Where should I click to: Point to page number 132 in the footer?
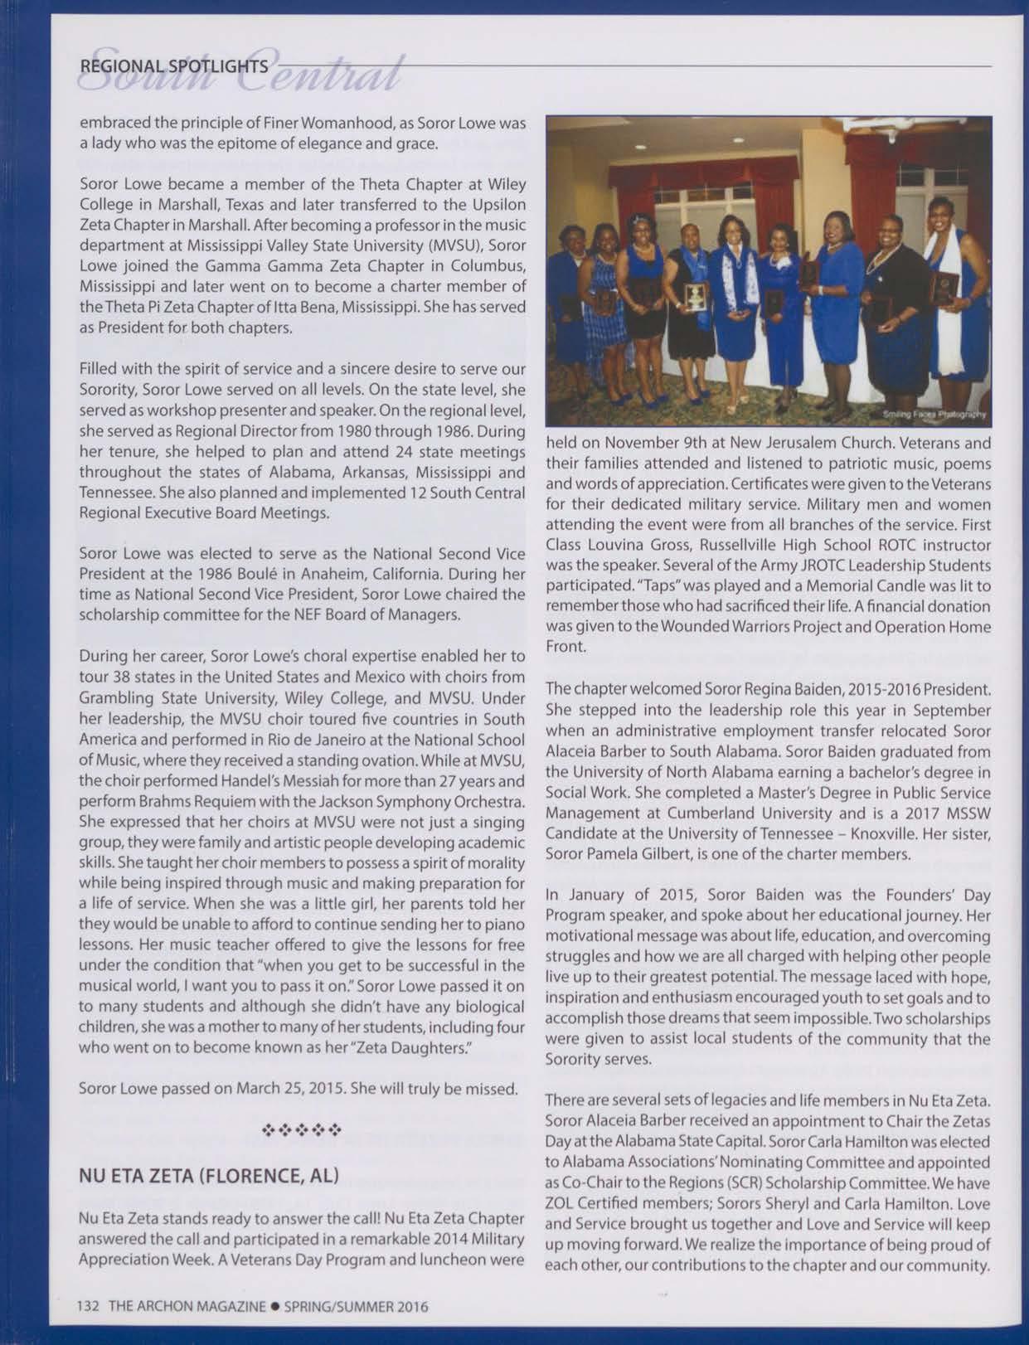tap(88, 1306)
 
